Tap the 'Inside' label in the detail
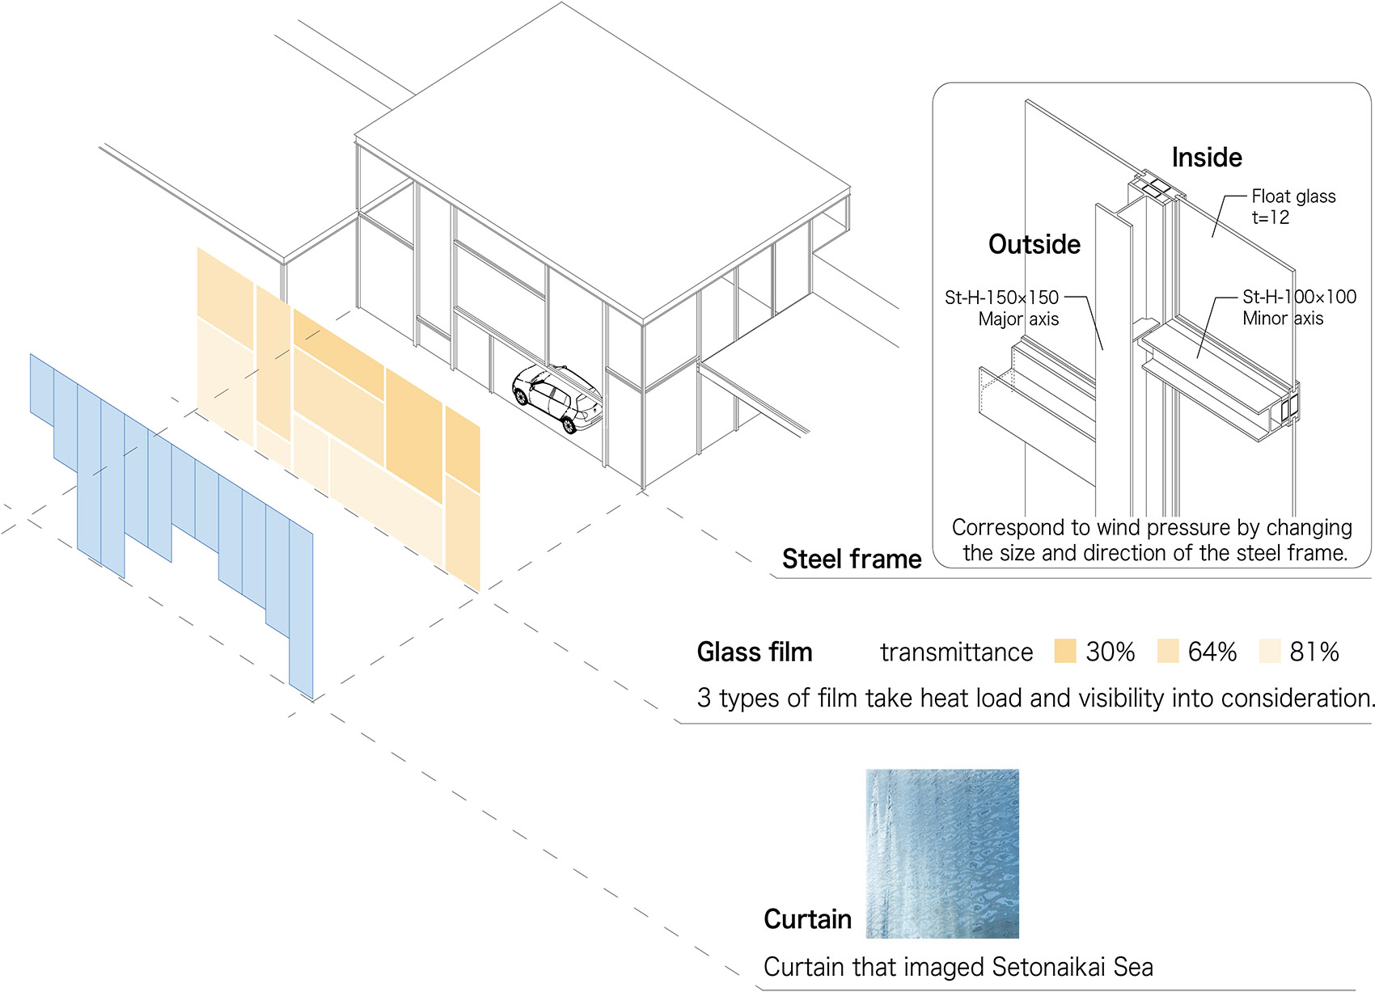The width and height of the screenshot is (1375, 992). tap(1207, 157)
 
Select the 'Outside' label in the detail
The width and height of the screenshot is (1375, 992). tap(1034, 244)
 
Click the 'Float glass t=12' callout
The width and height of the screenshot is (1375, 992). tap(1292, 207)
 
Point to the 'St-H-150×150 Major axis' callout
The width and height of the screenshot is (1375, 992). tap(1003, 308)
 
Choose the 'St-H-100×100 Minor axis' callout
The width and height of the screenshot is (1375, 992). tap(1299, 307)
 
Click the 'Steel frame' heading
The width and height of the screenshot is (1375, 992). tap(852, 559)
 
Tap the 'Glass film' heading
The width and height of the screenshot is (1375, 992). tap(755, 652)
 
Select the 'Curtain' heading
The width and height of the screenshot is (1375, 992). tap(807, 919)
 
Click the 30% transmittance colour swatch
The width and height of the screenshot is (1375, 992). tap(1065, 651)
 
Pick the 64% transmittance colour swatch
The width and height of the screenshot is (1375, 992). tap(1168, 651)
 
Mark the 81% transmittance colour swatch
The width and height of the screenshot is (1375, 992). tap(1270, 651)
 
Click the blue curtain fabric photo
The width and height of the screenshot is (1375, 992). tap(942, 854)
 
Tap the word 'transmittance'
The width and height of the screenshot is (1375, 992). tap(956, 652)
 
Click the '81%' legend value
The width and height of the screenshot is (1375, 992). tap(1314, 652)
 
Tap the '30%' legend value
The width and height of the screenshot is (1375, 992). tap(1111, 652)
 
